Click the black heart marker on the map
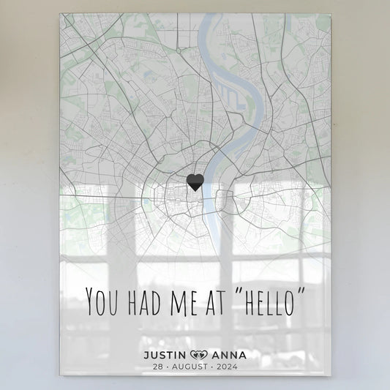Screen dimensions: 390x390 tap(195, 182)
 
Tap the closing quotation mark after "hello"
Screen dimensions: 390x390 tap(302, 293)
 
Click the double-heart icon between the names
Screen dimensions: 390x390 tap(199, 356)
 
